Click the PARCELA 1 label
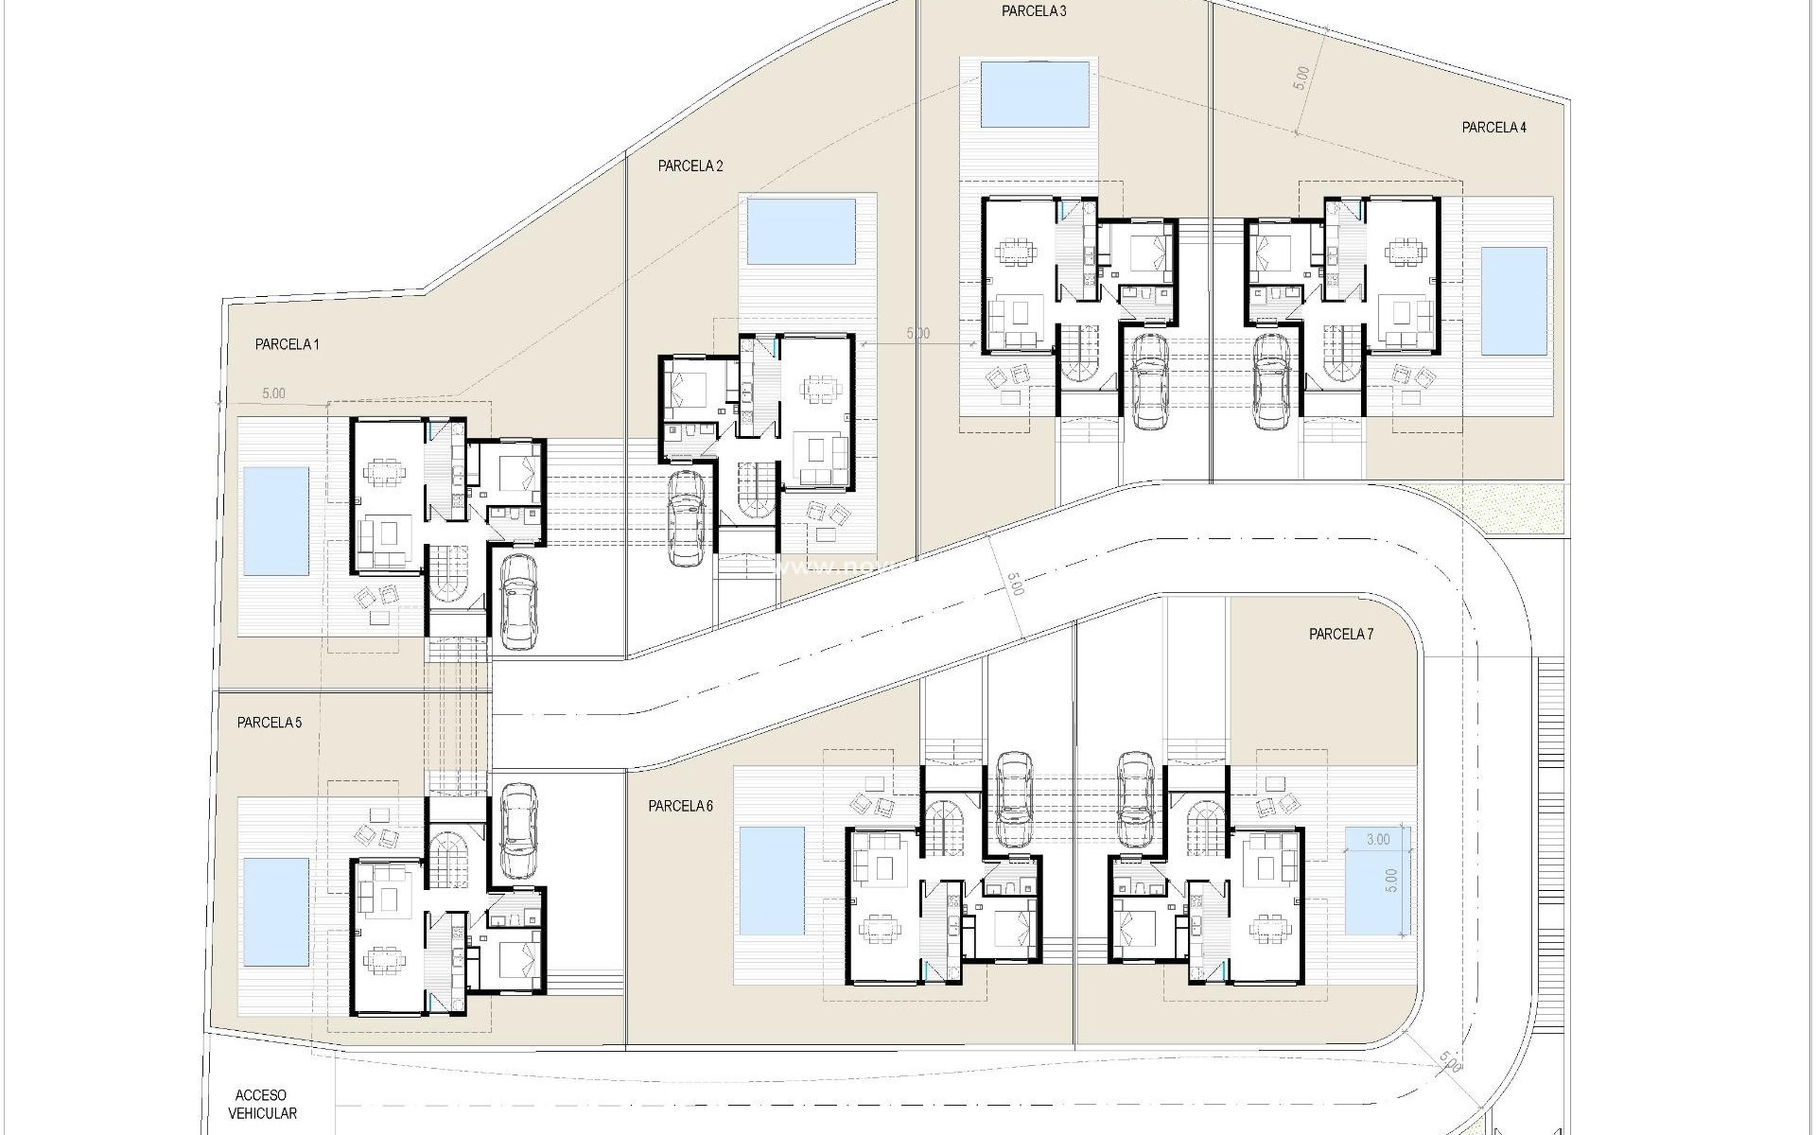[x=287, y=345]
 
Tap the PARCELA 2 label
[x=690, y=166]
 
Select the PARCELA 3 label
[x=1034, y=11]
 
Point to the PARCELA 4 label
[x=1493, y=128]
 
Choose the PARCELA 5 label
[x=270, y=723]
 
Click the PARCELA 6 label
[x=680, y=806]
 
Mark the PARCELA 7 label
[x=1340, y=635]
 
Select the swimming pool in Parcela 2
[x=802, y=231]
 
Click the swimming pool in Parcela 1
[x=276, y=521]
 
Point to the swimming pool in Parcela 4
[x=1513, y=301]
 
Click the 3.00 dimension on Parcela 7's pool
[x=1378, y=839]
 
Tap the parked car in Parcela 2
[x=685, y=518]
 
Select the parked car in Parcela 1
[x=517, y=601]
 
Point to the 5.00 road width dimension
[x=1013, y=585]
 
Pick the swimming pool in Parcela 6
[x=772, y=879]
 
